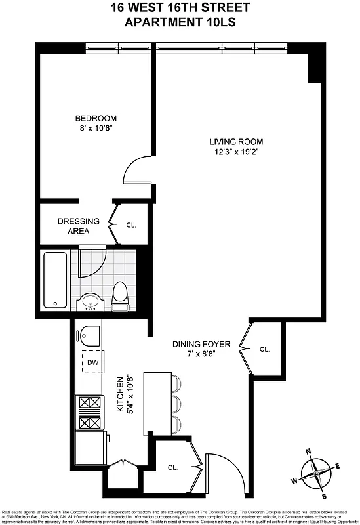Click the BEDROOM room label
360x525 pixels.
click(x=96, y=119)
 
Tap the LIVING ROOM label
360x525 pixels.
click(x=236, y=142)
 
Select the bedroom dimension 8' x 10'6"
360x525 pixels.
click(x=96, y=129)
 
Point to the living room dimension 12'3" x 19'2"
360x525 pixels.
click(x=236, y=152)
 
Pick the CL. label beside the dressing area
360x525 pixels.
click(x=131, y=225)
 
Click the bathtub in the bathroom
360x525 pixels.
click(x=55, y=280)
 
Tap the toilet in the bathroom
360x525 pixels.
click(x=120, y=295)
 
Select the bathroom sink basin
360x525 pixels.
click(x=90, y=303)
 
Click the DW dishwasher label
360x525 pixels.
click(x=92, y=362)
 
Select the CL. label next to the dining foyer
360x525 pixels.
click(x=264, y=350)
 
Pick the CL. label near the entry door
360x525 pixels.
click(x=173, y=467)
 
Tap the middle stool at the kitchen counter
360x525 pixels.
click(x=176, y=402)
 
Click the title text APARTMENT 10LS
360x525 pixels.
click(x=180, y=22)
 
